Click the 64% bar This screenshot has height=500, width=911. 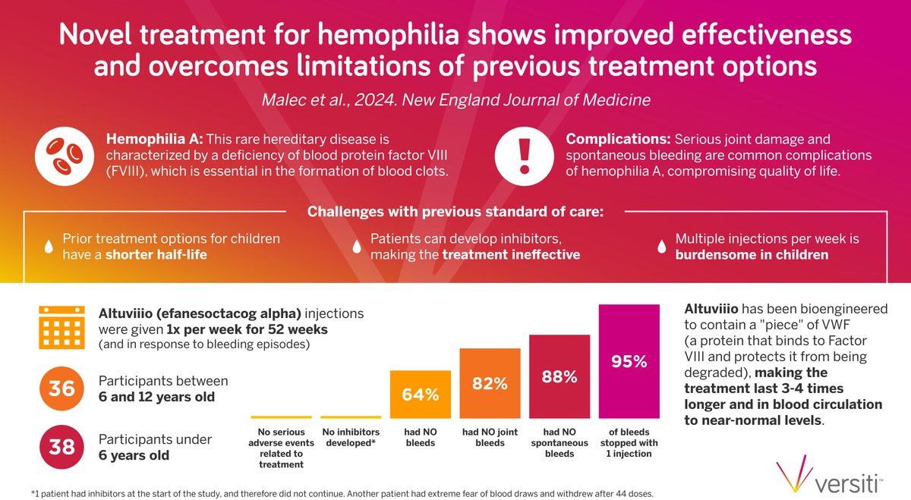click(420, 394)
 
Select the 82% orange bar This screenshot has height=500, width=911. click(490, 383)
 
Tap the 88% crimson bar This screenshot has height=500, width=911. click(560, 376)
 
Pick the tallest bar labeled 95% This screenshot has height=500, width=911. click(629, 361)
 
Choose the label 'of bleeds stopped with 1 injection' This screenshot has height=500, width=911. click(629, 443)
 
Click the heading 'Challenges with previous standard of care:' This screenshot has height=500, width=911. click(454, 211)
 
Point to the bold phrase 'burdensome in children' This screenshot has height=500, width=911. click(752, 255)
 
